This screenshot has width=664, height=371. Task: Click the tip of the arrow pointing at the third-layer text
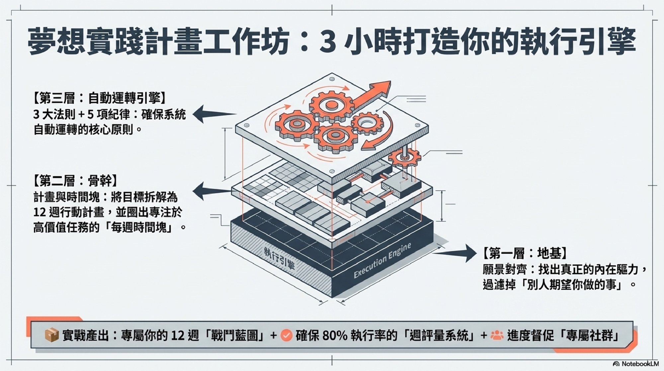(x=193, y=114)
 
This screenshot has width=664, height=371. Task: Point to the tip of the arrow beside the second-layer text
(x=193, y=191)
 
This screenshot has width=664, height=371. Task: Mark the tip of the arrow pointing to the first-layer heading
(x=477, y=253)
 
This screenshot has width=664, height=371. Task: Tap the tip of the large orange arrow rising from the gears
(x=390, y=82)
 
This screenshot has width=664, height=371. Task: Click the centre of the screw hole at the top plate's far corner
(x=332, y=79)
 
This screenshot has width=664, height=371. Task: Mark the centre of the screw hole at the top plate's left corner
(x=246, y=126)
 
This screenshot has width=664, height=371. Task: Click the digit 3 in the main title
(x=327, y=42)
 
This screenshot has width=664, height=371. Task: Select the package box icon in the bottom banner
(x=51, y=335)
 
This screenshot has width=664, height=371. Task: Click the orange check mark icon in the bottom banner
(x=286, y=335)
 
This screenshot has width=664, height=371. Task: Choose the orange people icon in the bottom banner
(x=497, y=335)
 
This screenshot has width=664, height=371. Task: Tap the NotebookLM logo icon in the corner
(x=616, y=364)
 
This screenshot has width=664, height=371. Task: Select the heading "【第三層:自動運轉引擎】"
(x=99, y=98)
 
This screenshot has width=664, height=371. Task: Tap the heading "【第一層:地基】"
(x=525, y=253)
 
